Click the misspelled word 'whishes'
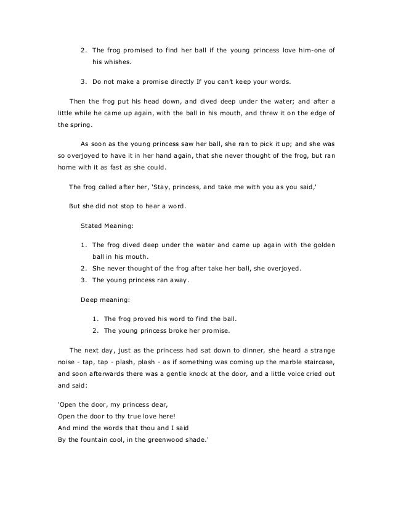117,62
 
